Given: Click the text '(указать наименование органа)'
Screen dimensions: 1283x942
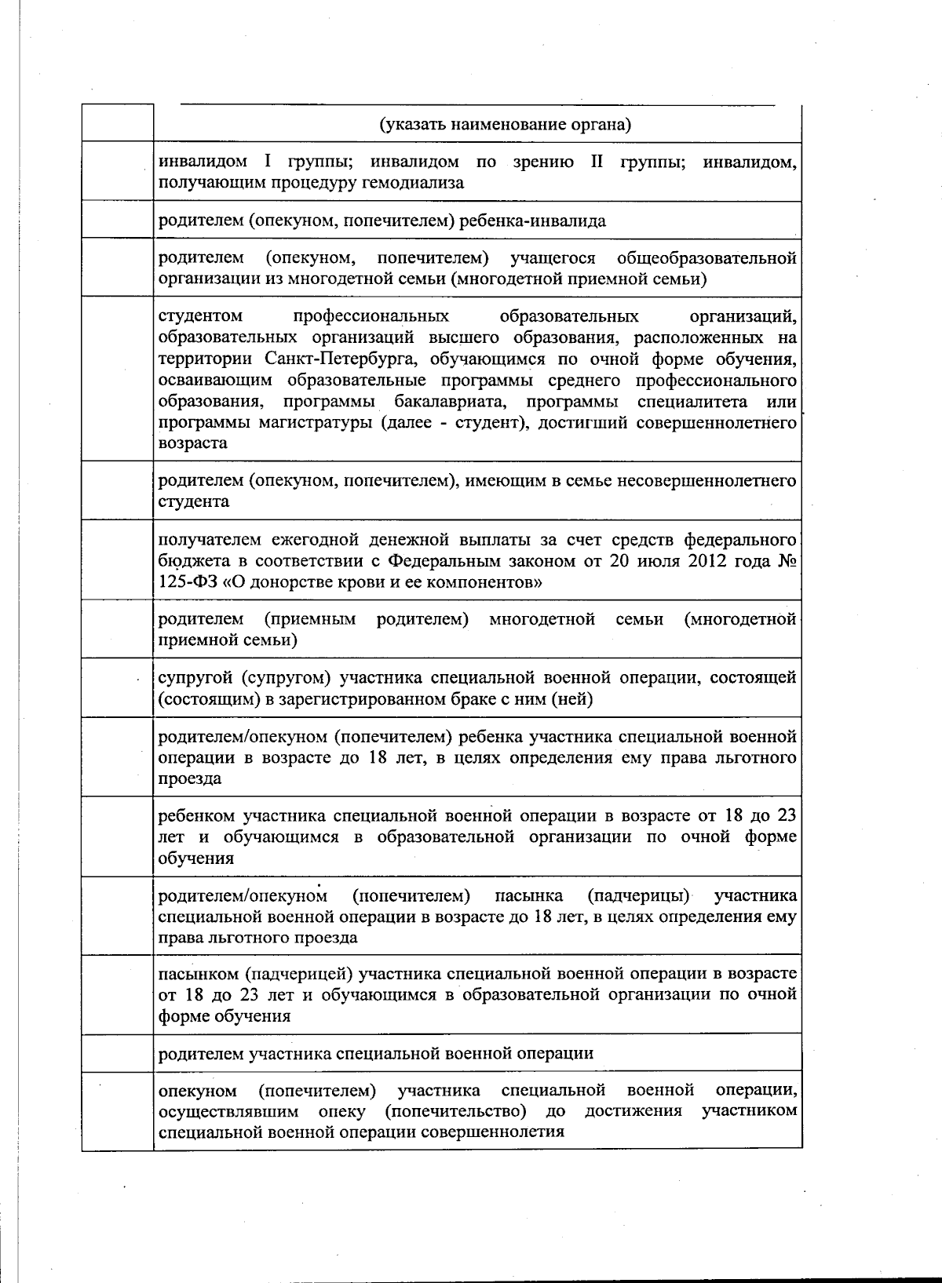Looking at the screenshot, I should [506, 124].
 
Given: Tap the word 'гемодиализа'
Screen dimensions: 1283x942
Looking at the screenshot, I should [418, 184].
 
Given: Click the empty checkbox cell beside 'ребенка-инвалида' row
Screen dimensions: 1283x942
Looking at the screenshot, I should [118, 220].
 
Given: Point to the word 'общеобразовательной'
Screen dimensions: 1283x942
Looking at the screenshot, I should [706, 258].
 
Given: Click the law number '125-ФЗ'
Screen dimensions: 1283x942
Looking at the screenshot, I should [184, 582].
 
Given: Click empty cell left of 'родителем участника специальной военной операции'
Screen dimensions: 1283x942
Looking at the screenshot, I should [118, 1053].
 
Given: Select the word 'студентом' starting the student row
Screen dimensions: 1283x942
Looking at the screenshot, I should [201, 317].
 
